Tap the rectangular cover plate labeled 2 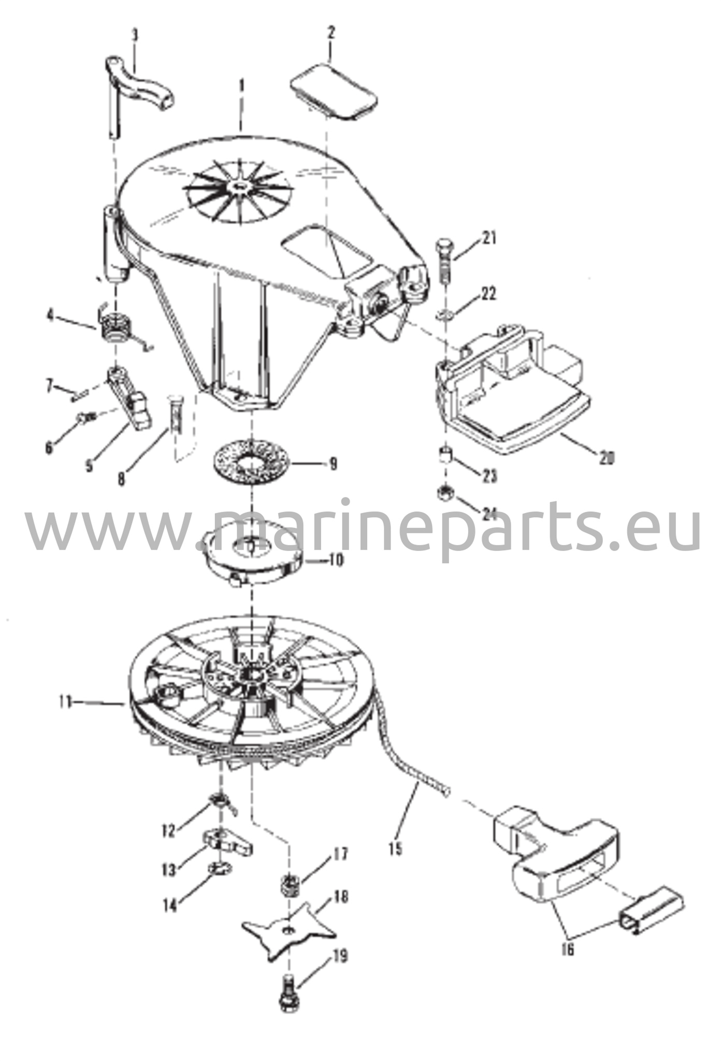[x=333, y=92]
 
